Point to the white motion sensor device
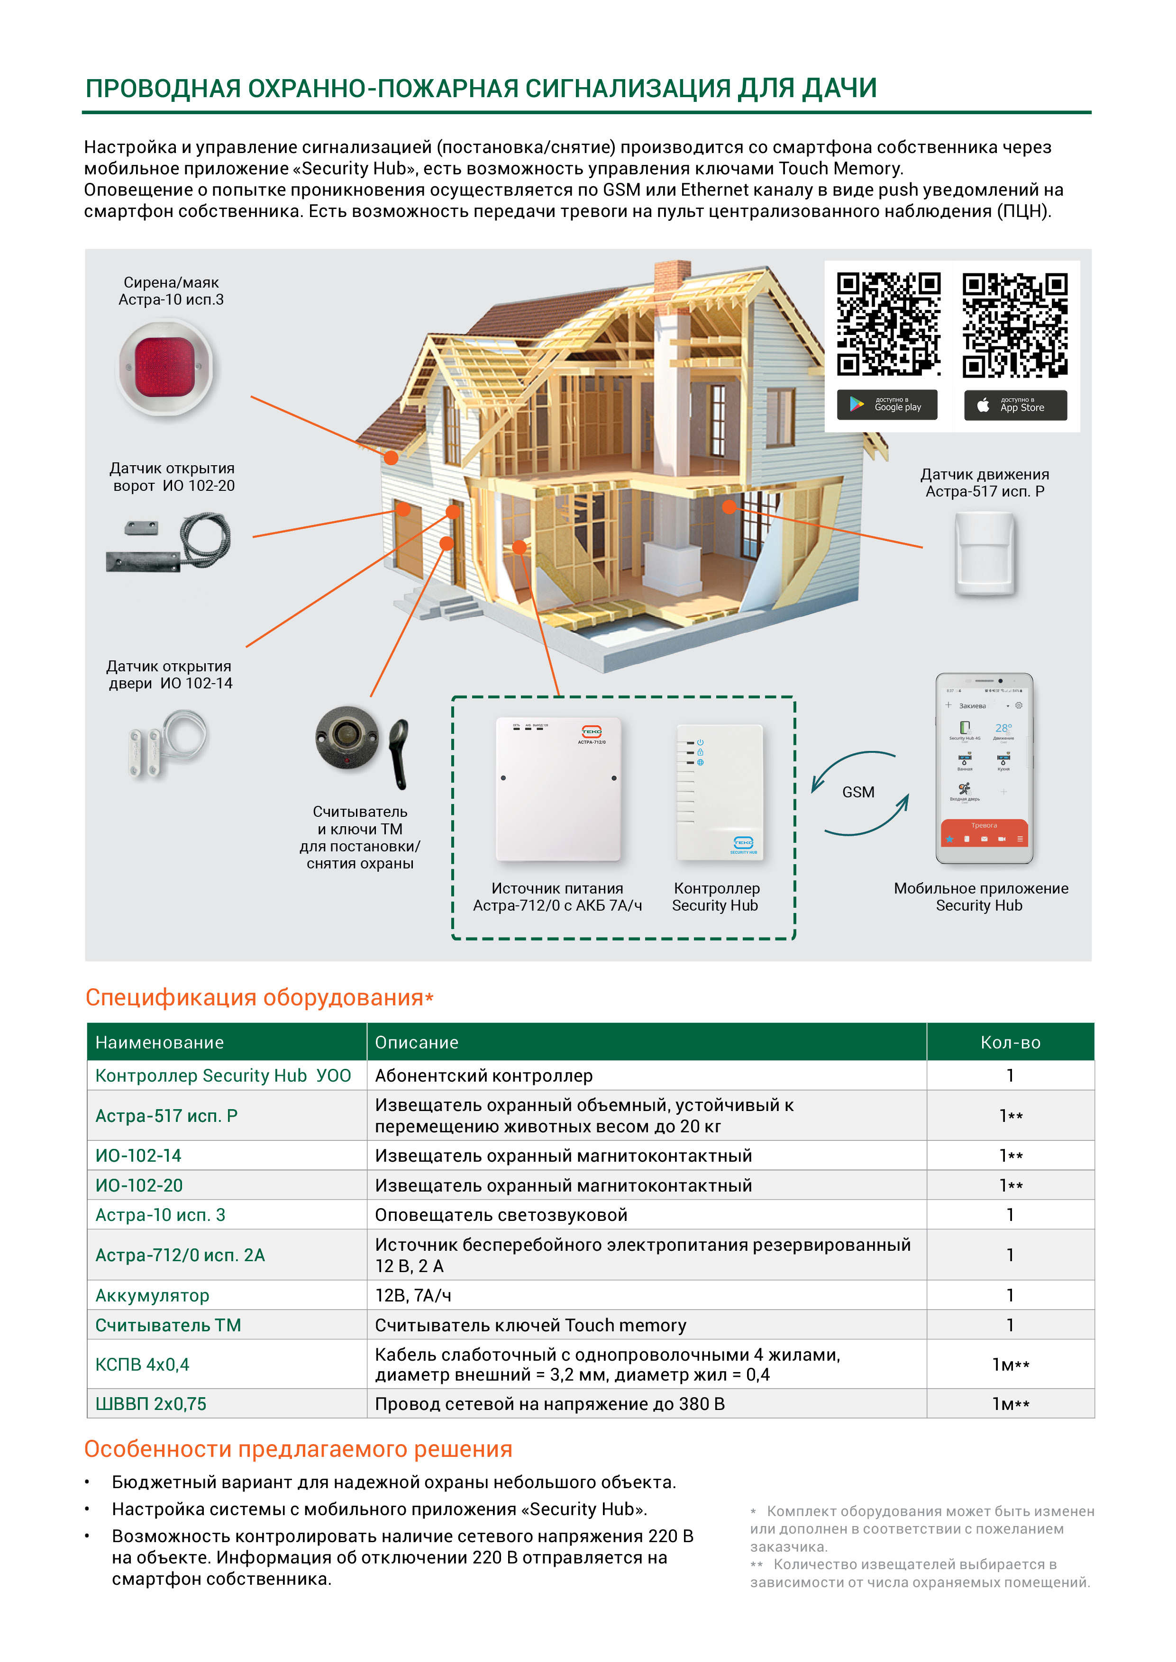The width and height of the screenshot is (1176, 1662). [x=985, y=554]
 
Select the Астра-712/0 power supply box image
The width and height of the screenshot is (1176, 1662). [x=558, y=789]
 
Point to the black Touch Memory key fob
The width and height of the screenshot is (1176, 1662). [x=400, y=753]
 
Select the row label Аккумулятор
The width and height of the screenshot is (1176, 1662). [x=152, y=1296]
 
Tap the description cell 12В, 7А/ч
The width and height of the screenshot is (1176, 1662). [x=413, y=1296]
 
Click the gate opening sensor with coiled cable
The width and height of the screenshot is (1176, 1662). [x=169, y=542]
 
